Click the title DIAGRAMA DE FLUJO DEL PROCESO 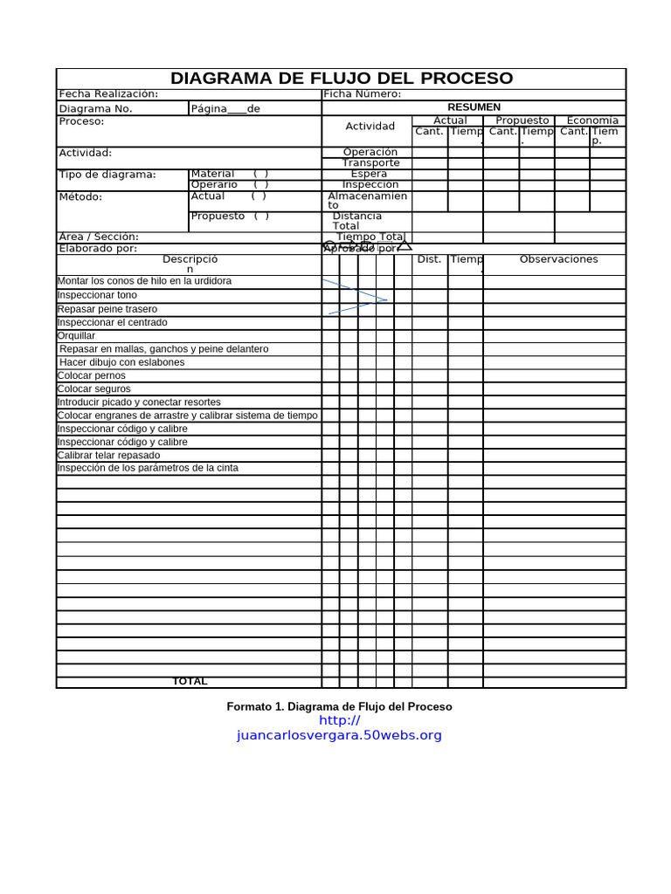pos(342,79)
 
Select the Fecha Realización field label pos(108,94)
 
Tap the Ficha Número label pos(363,94)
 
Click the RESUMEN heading pos(474,107)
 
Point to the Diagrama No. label pos(96,109)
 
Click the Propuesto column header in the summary pos(522,120)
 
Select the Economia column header pos(592,120)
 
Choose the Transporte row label pos(370,163)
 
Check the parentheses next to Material pos(260,174)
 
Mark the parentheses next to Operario pos(260,184)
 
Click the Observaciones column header pos(558,259)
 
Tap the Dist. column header pos(429,259)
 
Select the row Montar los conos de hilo pos(145,281)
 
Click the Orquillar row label pos(77,335)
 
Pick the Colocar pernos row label pos(92,375)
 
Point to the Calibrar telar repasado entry pos(109,455)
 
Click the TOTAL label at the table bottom pos(190,682)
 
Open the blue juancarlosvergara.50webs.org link pos(339,735)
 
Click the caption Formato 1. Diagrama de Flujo pos(339,706)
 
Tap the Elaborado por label pos(98,249)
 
